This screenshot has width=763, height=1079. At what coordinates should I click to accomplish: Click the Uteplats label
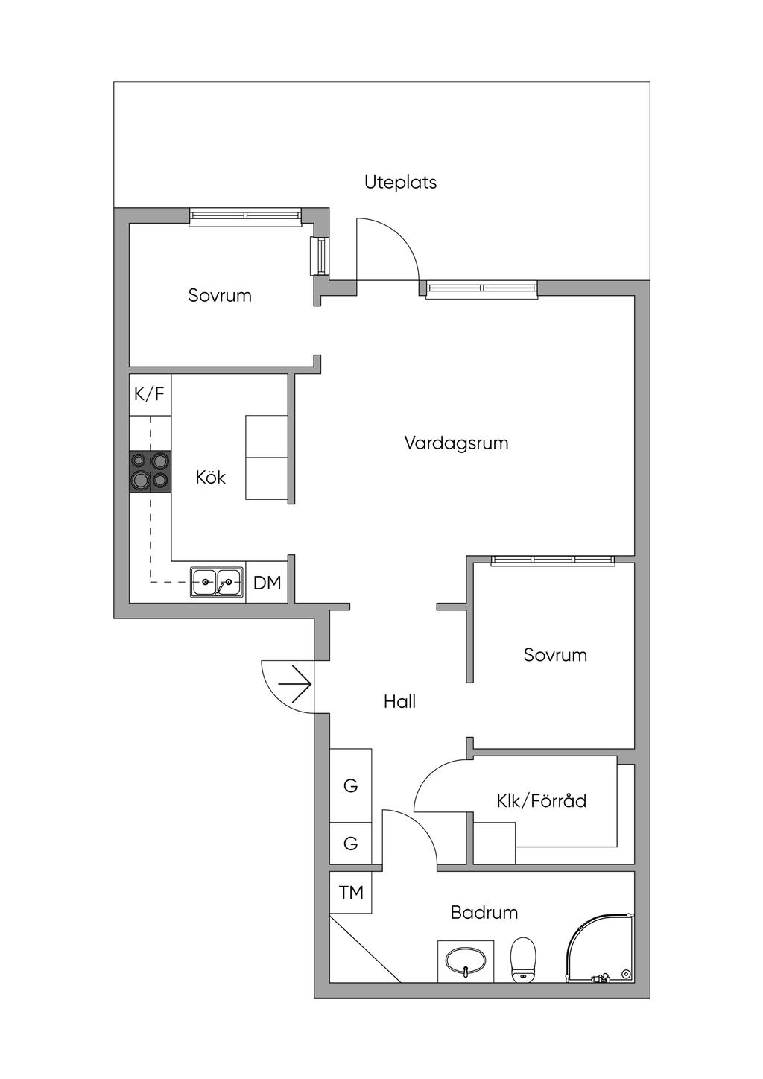click(x=400, y=183)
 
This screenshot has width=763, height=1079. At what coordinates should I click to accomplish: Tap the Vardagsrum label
click(x=456, y=443)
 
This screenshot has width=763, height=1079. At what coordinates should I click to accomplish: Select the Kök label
click(x=211, y=478)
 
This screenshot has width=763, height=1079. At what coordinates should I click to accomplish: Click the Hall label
click(x=400, y=702)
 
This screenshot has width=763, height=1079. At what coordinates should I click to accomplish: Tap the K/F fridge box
click(x=151, y=394)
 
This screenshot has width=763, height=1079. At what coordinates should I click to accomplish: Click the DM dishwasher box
click(x=267, y=583)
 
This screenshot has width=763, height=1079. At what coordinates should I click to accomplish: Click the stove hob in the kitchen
click(x=151, y=472)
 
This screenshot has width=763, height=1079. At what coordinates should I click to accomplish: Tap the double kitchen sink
click(x=217, y=583)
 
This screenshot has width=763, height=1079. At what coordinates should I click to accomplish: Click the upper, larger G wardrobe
click(x=351, y=786)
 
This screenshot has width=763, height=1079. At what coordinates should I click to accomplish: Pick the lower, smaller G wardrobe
click(x=351, y=844)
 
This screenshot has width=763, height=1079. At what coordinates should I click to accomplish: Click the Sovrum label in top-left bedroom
click(x=220, y=295)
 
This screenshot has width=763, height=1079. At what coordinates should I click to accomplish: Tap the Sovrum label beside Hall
click(x=555, y=655)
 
